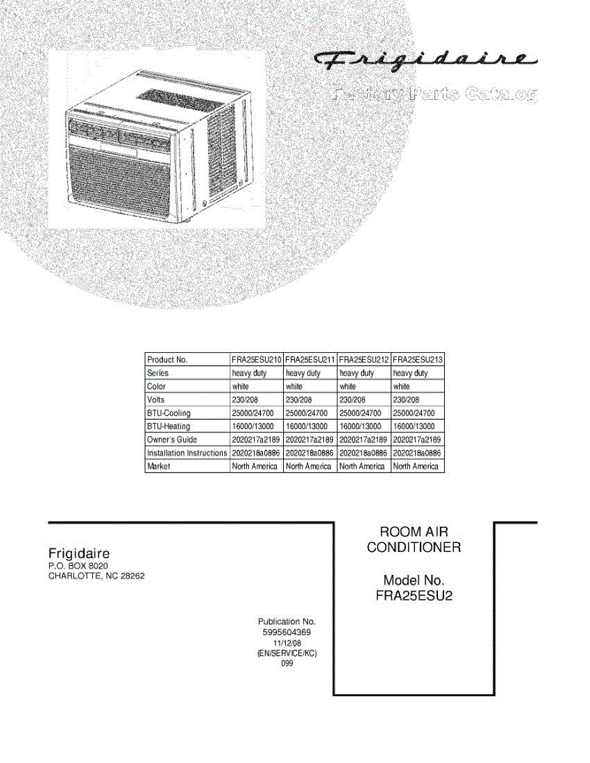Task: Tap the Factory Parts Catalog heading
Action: tap(435, 95)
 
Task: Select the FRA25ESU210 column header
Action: tap(256, 359)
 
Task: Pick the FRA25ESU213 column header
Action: tap(418, 359)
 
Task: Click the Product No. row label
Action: tap(167, 359)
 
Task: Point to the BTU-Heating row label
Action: tap(169, 426)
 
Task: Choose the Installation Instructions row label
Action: tap(186, 453)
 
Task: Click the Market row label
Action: tap(158, 466)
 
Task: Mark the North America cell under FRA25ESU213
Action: tap(416, 466)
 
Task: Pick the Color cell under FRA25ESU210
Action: tap(241, 386)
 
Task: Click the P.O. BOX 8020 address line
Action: tap(78, 565)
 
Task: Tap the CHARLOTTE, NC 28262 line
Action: tap(101, 577)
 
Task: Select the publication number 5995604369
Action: tap(286, 632)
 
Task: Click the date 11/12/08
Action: tap(286, 643)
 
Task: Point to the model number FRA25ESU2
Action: tap(414, 596)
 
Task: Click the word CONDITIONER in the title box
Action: tap(414, 547)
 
